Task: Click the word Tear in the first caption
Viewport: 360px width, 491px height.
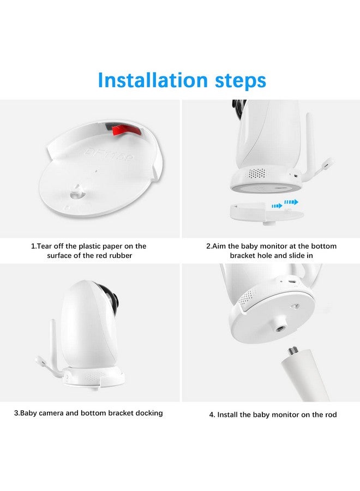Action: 46,246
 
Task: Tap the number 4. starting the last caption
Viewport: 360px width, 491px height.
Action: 212,415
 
